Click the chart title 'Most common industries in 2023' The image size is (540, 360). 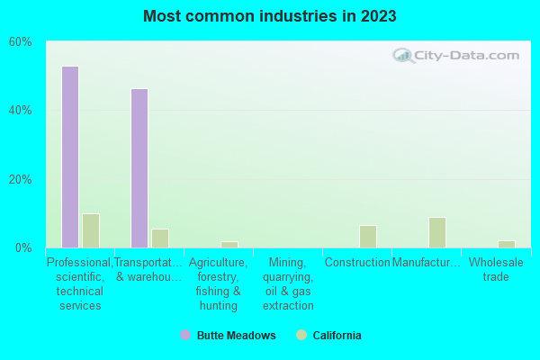269,16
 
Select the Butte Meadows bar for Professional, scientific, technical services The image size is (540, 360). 70,157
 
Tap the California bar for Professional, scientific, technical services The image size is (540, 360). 91,230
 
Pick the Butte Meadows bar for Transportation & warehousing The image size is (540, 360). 139,168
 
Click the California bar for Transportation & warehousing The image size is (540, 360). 160,238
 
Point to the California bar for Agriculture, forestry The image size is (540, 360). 229,244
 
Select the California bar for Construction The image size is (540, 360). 368,236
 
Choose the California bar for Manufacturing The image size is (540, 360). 437,232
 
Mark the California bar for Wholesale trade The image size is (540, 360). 507,244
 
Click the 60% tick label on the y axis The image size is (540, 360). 21,42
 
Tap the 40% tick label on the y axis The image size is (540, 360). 21,111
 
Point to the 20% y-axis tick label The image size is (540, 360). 21,179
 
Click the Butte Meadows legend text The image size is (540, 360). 237,336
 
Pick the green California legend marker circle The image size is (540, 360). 301,336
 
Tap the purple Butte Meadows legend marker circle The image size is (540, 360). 185,336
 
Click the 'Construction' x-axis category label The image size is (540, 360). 357,263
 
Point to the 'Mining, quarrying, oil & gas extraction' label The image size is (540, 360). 288,283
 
